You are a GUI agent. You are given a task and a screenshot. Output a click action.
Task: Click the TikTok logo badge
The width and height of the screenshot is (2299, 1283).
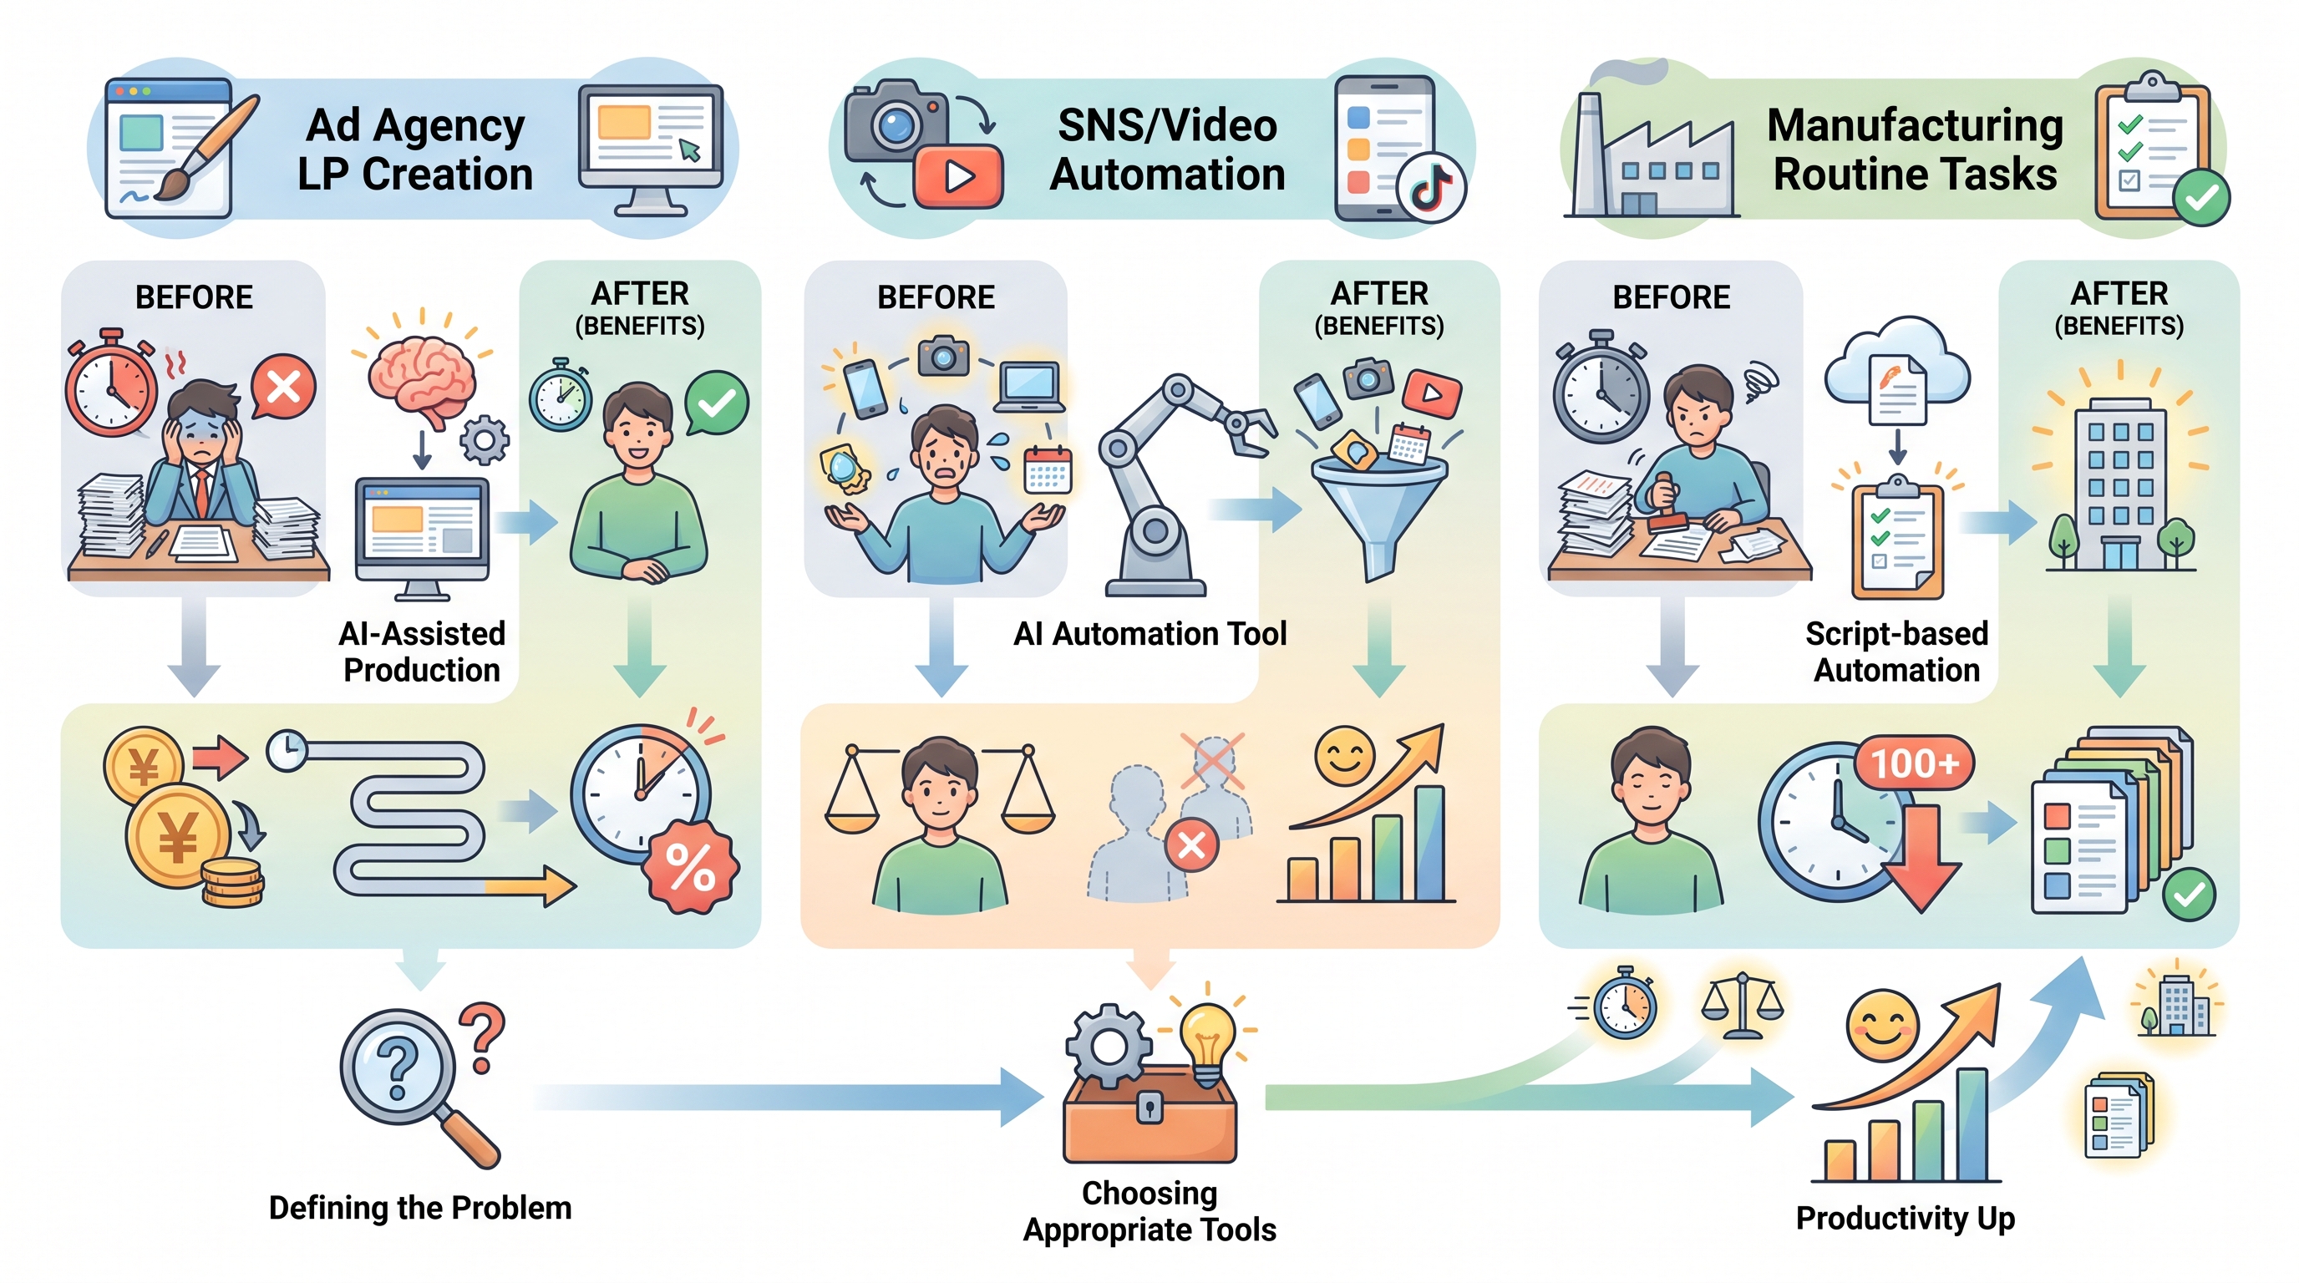1432,187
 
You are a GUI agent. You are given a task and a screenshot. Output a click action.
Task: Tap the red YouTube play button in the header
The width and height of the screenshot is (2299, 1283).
957,175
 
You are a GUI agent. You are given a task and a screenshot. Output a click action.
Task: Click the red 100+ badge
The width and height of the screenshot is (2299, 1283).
1915,763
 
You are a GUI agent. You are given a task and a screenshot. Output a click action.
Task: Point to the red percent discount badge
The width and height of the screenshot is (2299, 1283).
691,866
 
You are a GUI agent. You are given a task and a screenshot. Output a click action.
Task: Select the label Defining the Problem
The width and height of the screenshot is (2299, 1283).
420,1208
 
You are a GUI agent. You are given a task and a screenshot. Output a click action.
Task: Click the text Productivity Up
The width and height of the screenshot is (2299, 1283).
1906,1219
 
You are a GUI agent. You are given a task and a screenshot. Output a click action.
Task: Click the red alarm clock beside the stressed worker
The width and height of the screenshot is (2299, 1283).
110,383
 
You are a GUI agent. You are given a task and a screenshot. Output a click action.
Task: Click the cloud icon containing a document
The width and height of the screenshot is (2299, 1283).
1897,370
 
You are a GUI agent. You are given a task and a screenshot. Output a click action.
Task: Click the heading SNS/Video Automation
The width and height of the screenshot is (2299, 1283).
1167,150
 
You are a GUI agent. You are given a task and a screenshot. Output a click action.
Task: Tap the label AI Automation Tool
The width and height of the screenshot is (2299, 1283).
1150,633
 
